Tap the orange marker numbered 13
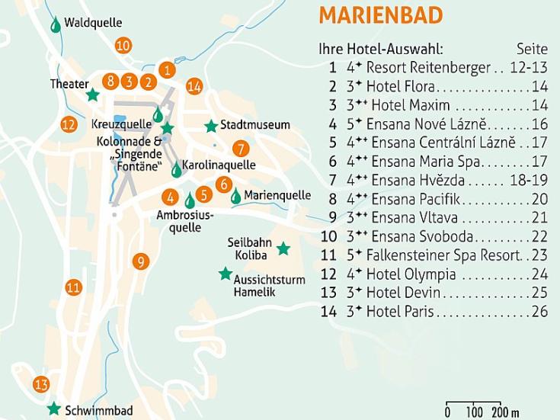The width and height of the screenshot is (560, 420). [41, 384]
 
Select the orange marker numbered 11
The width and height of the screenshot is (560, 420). [73, 287]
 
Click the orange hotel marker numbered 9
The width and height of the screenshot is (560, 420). [140, 261]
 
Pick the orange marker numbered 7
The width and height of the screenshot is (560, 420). [241, 149]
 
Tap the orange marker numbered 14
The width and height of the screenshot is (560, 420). [194, 86]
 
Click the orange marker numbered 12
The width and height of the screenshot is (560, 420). [69, 124]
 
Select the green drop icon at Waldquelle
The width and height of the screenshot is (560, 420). [56, 25]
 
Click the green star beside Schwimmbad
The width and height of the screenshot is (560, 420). [54, 409]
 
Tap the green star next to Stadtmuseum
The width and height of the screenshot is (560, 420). [211, 126]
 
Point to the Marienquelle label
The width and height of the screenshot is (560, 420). [277, 195]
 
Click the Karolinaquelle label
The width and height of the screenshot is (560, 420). [219, 165]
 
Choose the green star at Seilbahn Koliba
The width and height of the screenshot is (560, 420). [283, 248]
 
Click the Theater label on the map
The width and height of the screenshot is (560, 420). [69, 84]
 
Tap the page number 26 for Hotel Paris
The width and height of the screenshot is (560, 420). [540, 312]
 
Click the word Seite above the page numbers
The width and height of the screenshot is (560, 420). [532, 50]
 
